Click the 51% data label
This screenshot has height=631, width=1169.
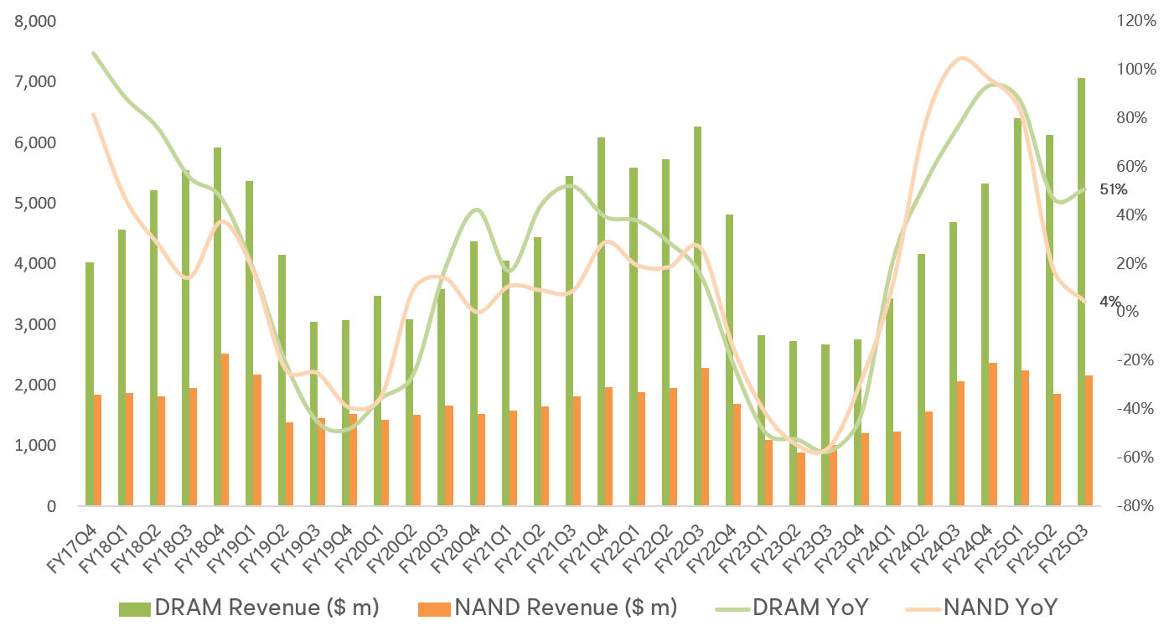pyautogui.click(x=1113, y=189)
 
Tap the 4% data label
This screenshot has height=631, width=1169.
pyautogui.click(x=1110, y=302)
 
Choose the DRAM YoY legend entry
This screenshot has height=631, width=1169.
pyautogui.click(x=795, y=606)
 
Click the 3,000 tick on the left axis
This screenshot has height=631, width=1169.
pyautogui.click(x=35, y=324)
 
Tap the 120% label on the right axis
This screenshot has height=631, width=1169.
pyautogui.click(x=1136, y=21)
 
